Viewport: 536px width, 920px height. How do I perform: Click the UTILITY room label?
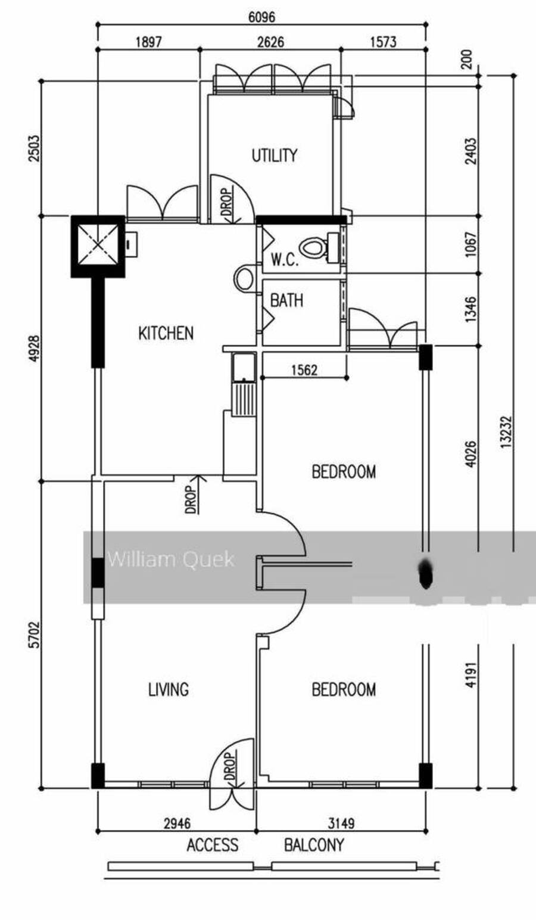click(274, 156)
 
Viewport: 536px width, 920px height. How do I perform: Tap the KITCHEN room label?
click(166, 333)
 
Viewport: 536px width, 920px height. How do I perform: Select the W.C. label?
click(285, 260)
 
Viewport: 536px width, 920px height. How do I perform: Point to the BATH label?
click(286, 301)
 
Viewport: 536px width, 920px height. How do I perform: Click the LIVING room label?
click(169, 689)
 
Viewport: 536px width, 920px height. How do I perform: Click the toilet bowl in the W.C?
click(313, 248)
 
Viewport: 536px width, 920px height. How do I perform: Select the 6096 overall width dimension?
click(262, 17)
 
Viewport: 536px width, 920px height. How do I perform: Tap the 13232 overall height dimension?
click(507, 432)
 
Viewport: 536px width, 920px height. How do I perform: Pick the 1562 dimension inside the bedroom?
click(304, 371)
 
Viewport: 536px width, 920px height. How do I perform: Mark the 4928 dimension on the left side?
click(35, 349)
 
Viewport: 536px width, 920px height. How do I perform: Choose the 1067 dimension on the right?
click(472, 245)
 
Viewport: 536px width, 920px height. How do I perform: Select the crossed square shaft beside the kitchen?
click(98, 247)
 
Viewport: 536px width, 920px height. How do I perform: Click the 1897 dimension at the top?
click(148, 42)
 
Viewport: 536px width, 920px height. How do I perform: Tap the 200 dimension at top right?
click(467, 60)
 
